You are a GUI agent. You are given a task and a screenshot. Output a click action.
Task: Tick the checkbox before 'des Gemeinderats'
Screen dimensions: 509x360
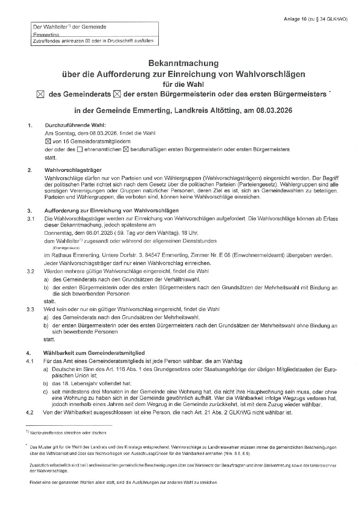(x=40, y=94)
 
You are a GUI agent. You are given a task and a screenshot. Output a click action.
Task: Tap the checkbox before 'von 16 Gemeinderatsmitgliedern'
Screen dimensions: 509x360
(x=48, y=141)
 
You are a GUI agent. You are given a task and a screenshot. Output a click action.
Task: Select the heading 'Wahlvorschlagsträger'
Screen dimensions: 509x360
(x=73, y=170)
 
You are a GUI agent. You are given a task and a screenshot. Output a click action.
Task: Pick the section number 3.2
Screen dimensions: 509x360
(x=31, y=272)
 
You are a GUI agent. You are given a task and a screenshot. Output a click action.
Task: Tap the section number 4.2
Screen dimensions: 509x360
(x=31, y=413)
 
